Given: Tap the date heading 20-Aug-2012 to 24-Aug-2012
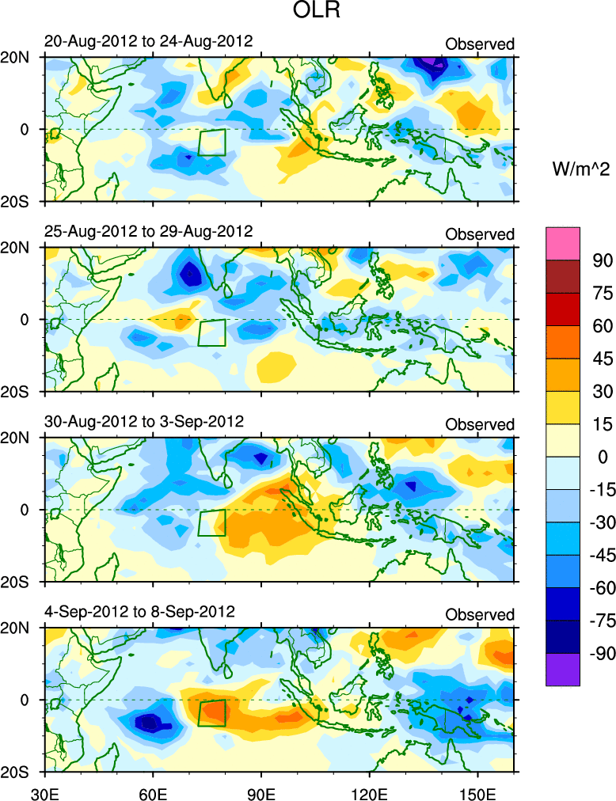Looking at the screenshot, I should pyautogui.click(x=149, y=41).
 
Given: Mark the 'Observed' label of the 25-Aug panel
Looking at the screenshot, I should pyautogui.click(x=480, y=234).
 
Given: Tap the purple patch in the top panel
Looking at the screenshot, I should pyautogui.click(x=431, y=61).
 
